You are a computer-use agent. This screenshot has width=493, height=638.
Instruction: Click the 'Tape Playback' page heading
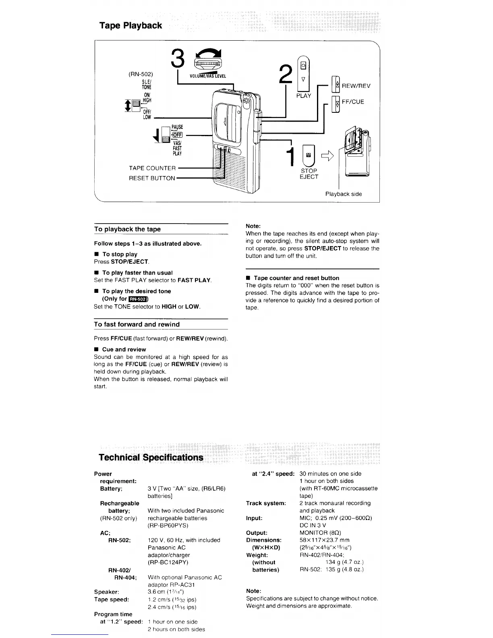tap(130, 25)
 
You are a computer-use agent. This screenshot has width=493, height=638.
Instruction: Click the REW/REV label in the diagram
tap(356, 86)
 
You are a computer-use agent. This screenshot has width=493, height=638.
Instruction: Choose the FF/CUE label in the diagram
tap(353, 101)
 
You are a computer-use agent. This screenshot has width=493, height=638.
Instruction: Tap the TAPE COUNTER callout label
tap(152, 168)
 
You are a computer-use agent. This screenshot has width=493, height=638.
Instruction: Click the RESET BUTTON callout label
tap(152, 178)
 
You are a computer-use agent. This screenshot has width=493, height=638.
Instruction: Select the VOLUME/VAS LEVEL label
tap(207, 76)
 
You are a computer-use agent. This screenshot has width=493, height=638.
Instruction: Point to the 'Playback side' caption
tap(344, 194)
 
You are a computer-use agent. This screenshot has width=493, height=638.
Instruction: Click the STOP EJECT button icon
tap(309, 155)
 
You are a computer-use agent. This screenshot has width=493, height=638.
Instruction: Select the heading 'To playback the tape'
tap(127, 229)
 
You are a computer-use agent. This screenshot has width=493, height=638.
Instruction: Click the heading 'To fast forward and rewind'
tap(137, 324)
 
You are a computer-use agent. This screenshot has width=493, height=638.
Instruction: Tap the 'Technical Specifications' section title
tap(151, 457)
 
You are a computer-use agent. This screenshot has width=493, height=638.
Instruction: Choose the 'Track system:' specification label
tap(266, 503)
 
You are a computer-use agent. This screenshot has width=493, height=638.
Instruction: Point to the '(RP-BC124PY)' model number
tap(168, 562)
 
